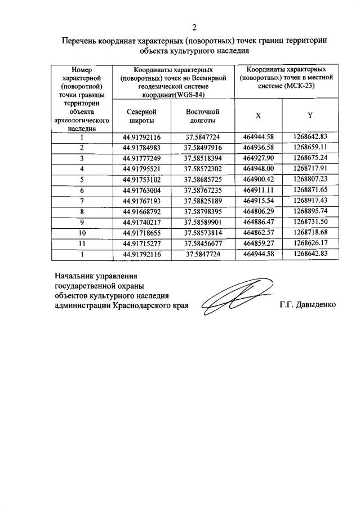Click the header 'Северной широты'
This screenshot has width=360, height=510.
point(141,116)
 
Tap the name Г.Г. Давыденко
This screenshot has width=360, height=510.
point(307,305)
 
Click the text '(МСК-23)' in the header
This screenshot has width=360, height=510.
point(301,86)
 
